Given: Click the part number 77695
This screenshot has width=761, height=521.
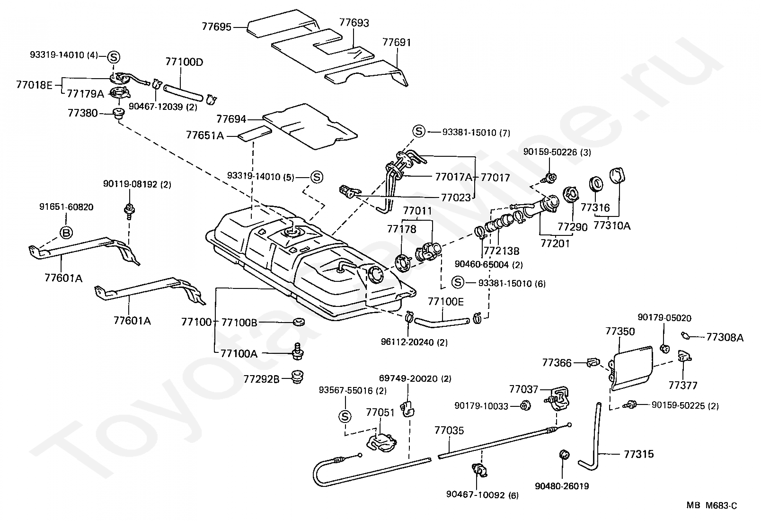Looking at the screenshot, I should pyautogui.click(x=216, y=27).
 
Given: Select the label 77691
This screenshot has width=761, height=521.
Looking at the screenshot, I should pyautogui.click(x=397, y=43).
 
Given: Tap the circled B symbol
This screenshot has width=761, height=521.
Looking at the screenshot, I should pyautogui.click(x=66, y=232).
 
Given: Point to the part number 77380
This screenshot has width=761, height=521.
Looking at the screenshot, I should pyautogui.click(x=82, y=113).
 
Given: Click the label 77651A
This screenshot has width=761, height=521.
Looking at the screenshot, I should pyautogui.click(x=204, y=135).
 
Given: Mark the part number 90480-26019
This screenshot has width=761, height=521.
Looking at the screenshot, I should pyautogui.click(x=562, y=486).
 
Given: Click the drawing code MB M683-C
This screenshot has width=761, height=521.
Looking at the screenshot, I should pyautogui.click(x=712, y=506).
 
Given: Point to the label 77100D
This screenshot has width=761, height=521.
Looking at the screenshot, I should pyautogui.click(x=184, y=62).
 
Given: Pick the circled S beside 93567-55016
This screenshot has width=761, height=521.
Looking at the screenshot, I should pyautogui.click(x=345, y=416).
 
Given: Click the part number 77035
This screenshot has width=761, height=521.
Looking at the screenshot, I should pyautogui.click(x=449, y=431).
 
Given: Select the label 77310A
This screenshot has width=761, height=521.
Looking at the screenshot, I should pyautogui.click(x=612, y=226).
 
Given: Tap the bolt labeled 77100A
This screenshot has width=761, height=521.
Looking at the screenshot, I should pyautogui.click(x=298, y=351).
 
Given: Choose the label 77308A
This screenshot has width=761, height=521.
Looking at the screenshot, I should pyautogui.click(x=725, y=337).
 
